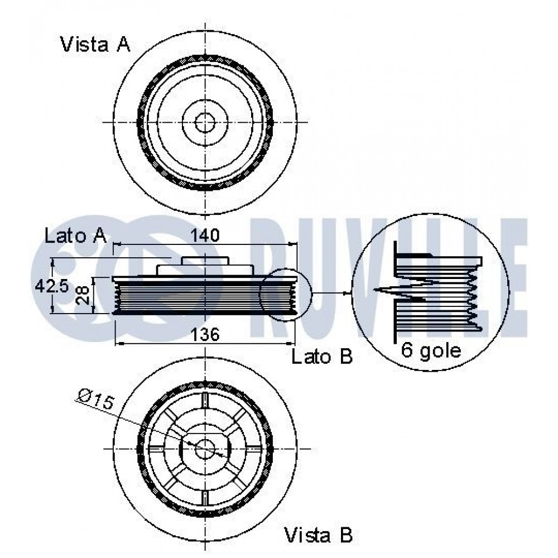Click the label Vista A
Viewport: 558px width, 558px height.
pos(95,45)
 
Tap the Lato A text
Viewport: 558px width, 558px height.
pos(75,235)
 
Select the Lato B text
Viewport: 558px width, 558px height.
pos(322,356)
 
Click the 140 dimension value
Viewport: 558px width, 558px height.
pos(205,235)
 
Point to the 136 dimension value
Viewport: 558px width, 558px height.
pos(205,334)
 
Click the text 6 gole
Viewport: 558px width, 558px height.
pos(431,350)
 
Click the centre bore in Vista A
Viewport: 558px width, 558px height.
pos(205,122)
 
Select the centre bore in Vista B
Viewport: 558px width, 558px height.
pos(205,449)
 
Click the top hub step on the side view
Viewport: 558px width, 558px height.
pos(205,261)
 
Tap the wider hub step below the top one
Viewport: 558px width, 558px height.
pos(205,270)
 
